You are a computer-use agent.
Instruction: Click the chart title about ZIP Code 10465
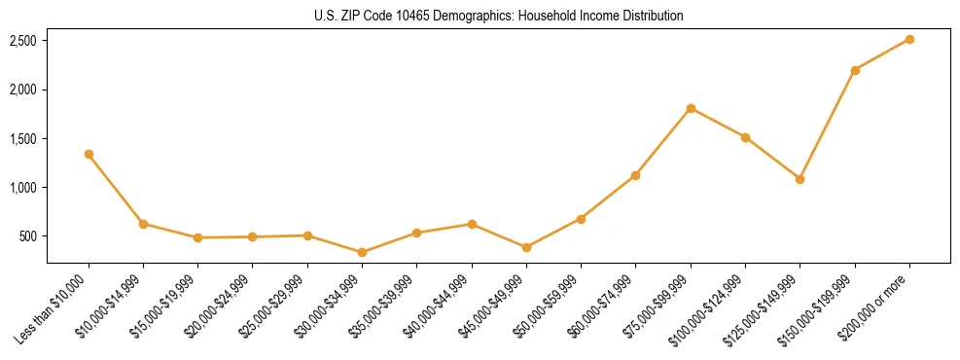(499, 16)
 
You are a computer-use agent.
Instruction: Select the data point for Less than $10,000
(89, 154)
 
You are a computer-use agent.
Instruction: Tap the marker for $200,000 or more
(908, 39)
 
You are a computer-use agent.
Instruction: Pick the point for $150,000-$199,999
(854, 70)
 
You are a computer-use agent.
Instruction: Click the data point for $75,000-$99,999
(691, 108)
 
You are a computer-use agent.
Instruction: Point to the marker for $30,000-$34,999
(362, 252)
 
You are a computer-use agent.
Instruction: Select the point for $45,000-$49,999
(526, 247)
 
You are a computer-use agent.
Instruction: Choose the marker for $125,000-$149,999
(800, 179)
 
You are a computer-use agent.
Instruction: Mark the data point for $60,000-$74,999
(635, 175)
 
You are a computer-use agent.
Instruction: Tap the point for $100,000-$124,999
(745, 137)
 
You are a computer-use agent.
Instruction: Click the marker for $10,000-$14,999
(143, 224)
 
